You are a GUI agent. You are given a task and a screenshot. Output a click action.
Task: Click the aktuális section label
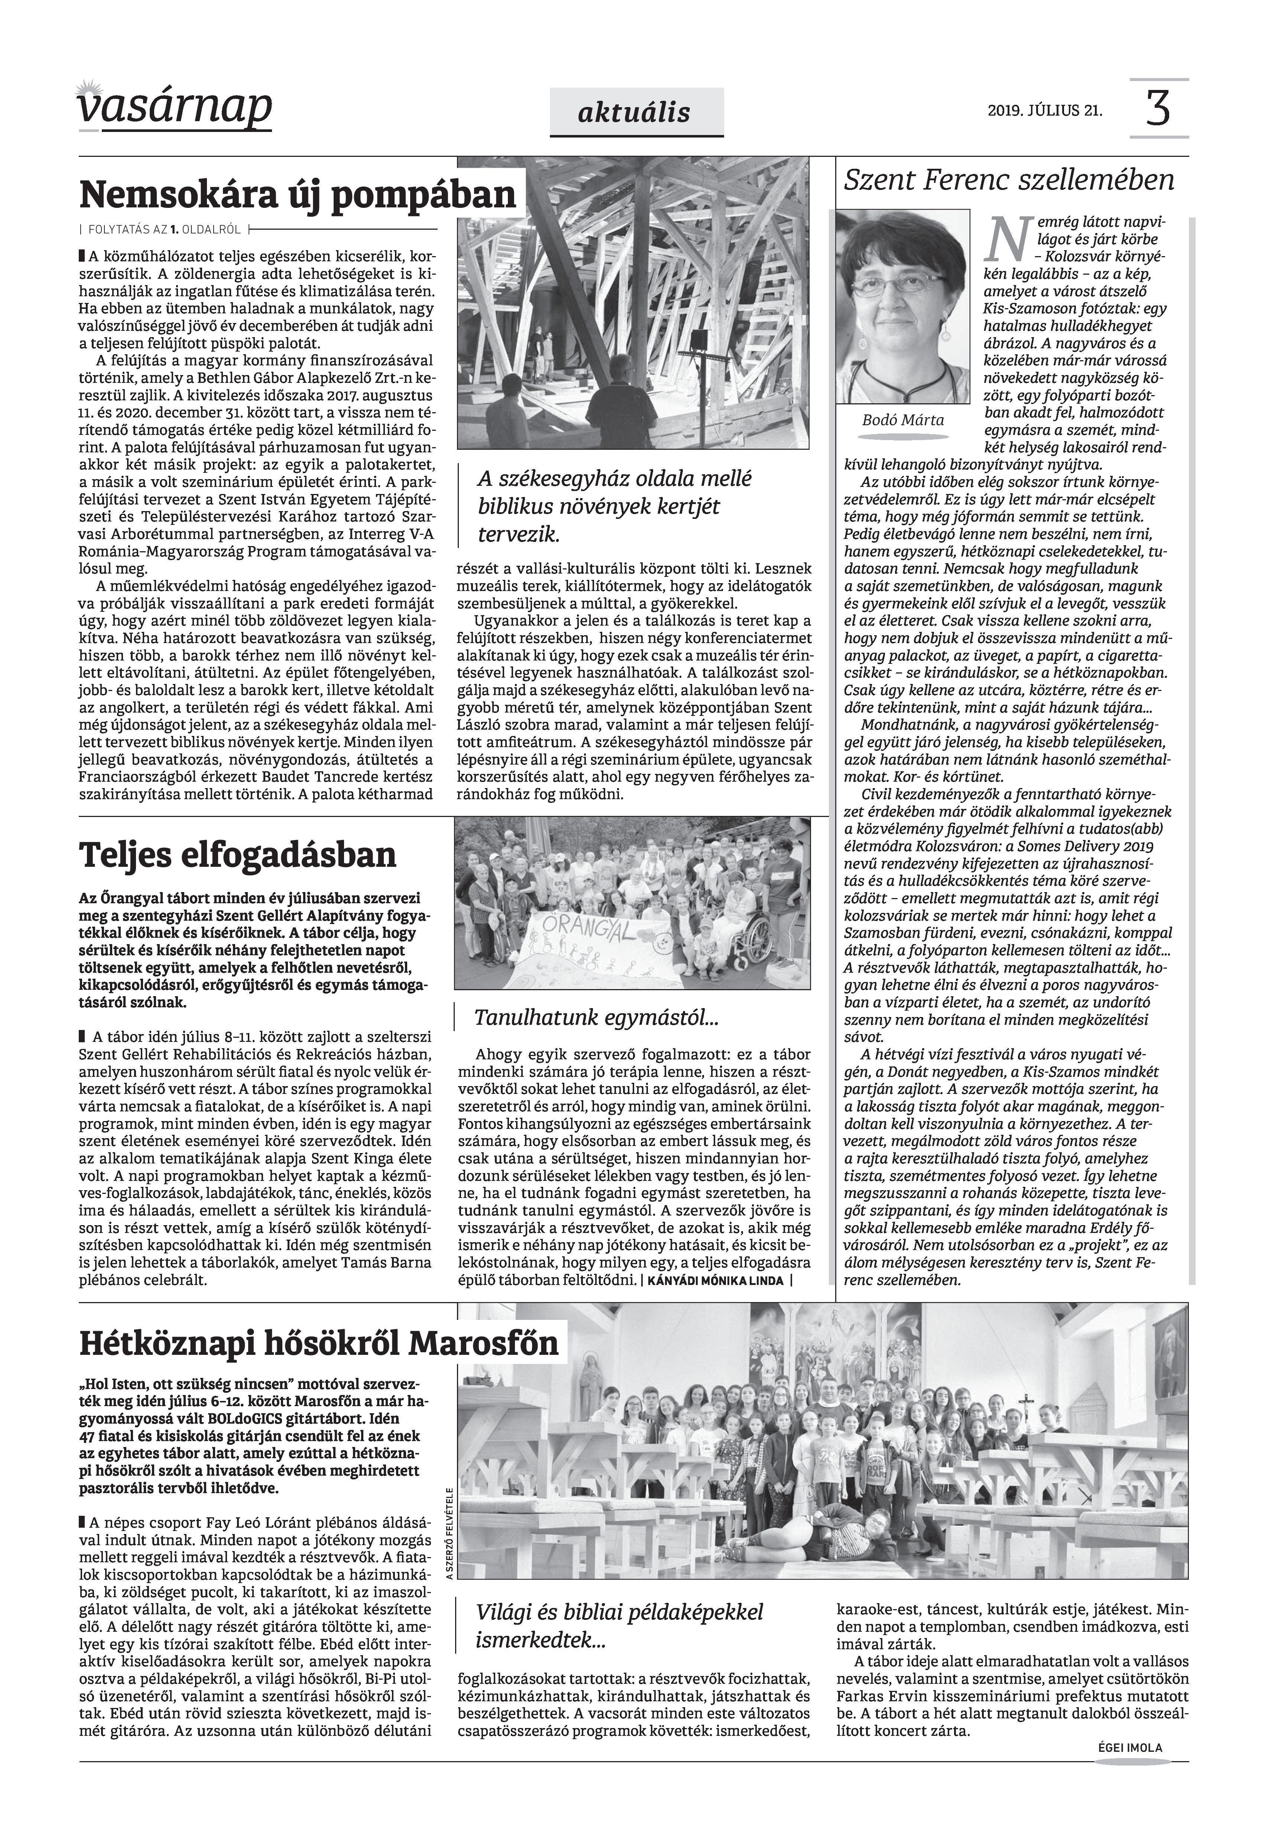636,113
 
